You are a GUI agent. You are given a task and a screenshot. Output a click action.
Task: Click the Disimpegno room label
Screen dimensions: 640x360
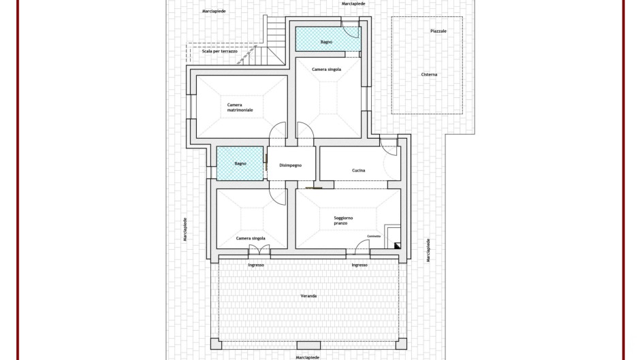(x=290, y=165)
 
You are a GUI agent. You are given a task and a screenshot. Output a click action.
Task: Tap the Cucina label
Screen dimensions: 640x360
(x=358, y=170)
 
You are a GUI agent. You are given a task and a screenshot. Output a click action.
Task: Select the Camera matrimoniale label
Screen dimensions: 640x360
(x=240, y=108)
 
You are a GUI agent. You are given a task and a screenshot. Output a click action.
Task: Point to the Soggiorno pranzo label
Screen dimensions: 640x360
(x=343, y=220)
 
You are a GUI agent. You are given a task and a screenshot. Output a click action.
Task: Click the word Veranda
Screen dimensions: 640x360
(x=308, y=296)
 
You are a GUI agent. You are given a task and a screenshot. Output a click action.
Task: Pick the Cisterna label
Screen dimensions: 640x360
(x=429, y=74)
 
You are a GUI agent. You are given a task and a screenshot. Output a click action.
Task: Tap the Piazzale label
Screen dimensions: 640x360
(x=438, y=31)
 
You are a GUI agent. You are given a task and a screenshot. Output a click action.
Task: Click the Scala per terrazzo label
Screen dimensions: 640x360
(x=220, y=52)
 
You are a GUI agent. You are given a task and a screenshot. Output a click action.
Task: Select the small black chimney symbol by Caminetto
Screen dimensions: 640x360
(x=397, y=246)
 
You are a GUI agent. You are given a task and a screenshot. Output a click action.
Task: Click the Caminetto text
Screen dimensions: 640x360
(x=374, y=236)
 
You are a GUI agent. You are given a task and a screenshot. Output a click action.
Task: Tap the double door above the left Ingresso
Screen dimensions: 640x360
(x=259, y=250)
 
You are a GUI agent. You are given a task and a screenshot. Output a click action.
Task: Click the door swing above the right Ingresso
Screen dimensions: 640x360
(x=362, y=247)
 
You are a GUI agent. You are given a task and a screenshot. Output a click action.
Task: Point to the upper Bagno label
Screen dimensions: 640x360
(x=326, y=42)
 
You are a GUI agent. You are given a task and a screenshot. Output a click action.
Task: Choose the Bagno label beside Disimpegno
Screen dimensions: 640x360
(x=240, y=164)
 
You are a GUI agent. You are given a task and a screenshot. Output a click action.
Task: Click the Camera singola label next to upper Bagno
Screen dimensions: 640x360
(x=327, y=69)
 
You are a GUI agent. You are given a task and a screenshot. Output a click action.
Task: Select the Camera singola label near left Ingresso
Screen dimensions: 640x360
(x=251, y=238)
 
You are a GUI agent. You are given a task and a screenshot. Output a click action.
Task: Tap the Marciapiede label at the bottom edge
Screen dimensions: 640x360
(x=307, y=357)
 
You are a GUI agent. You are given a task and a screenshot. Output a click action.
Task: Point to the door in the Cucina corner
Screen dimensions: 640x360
(x=389, y=147)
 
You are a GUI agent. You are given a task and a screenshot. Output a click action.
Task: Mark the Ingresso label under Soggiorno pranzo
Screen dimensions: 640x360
(x=359, y=265)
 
